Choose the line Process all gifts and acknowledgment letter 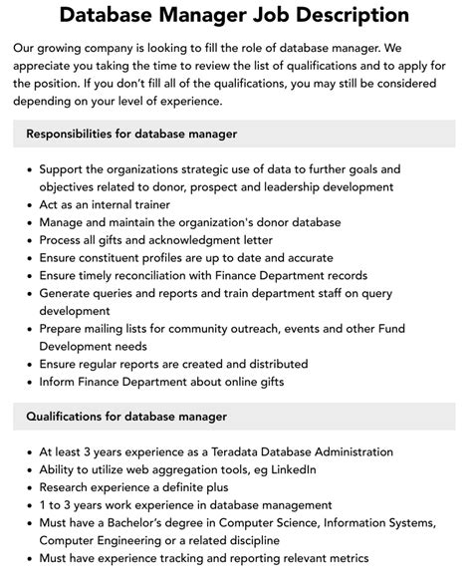tap(157, 239)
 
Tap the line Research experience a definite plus tap(133, 487)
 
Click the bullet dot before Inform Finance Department tap(26, 382)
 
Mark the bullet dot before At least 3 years tap(26, 451)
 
